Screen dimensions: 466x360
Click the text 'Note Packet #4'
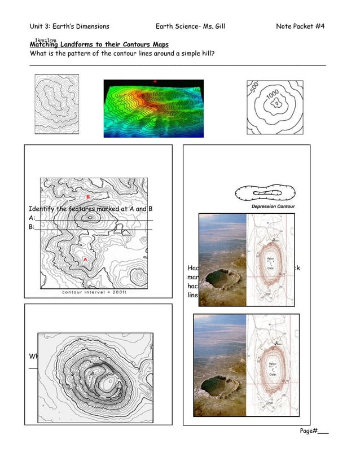point(300,27)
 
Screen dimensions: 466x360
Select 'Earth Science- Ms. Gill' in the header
point(190,27)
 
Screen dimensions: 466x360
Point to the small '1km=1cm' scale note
point(45,41)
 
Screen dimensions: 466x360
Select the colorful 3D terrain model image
point(153,108)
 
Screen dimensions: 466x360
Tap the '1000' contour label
point(274,98)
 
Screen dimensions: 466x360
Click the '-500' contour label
point(254,90)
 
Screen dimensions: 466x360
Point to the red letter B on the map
point(88,196)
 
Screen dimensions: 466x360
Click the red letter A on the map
point(85,260)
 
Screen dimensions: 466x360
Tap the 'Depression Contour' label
point(272,206)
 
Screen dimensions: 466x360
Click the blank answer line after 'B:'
point(93,229)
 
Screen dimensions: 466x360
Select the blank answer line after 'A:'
point(93,220)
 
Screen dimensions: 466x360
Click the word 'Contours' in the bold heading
point(131,45)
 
